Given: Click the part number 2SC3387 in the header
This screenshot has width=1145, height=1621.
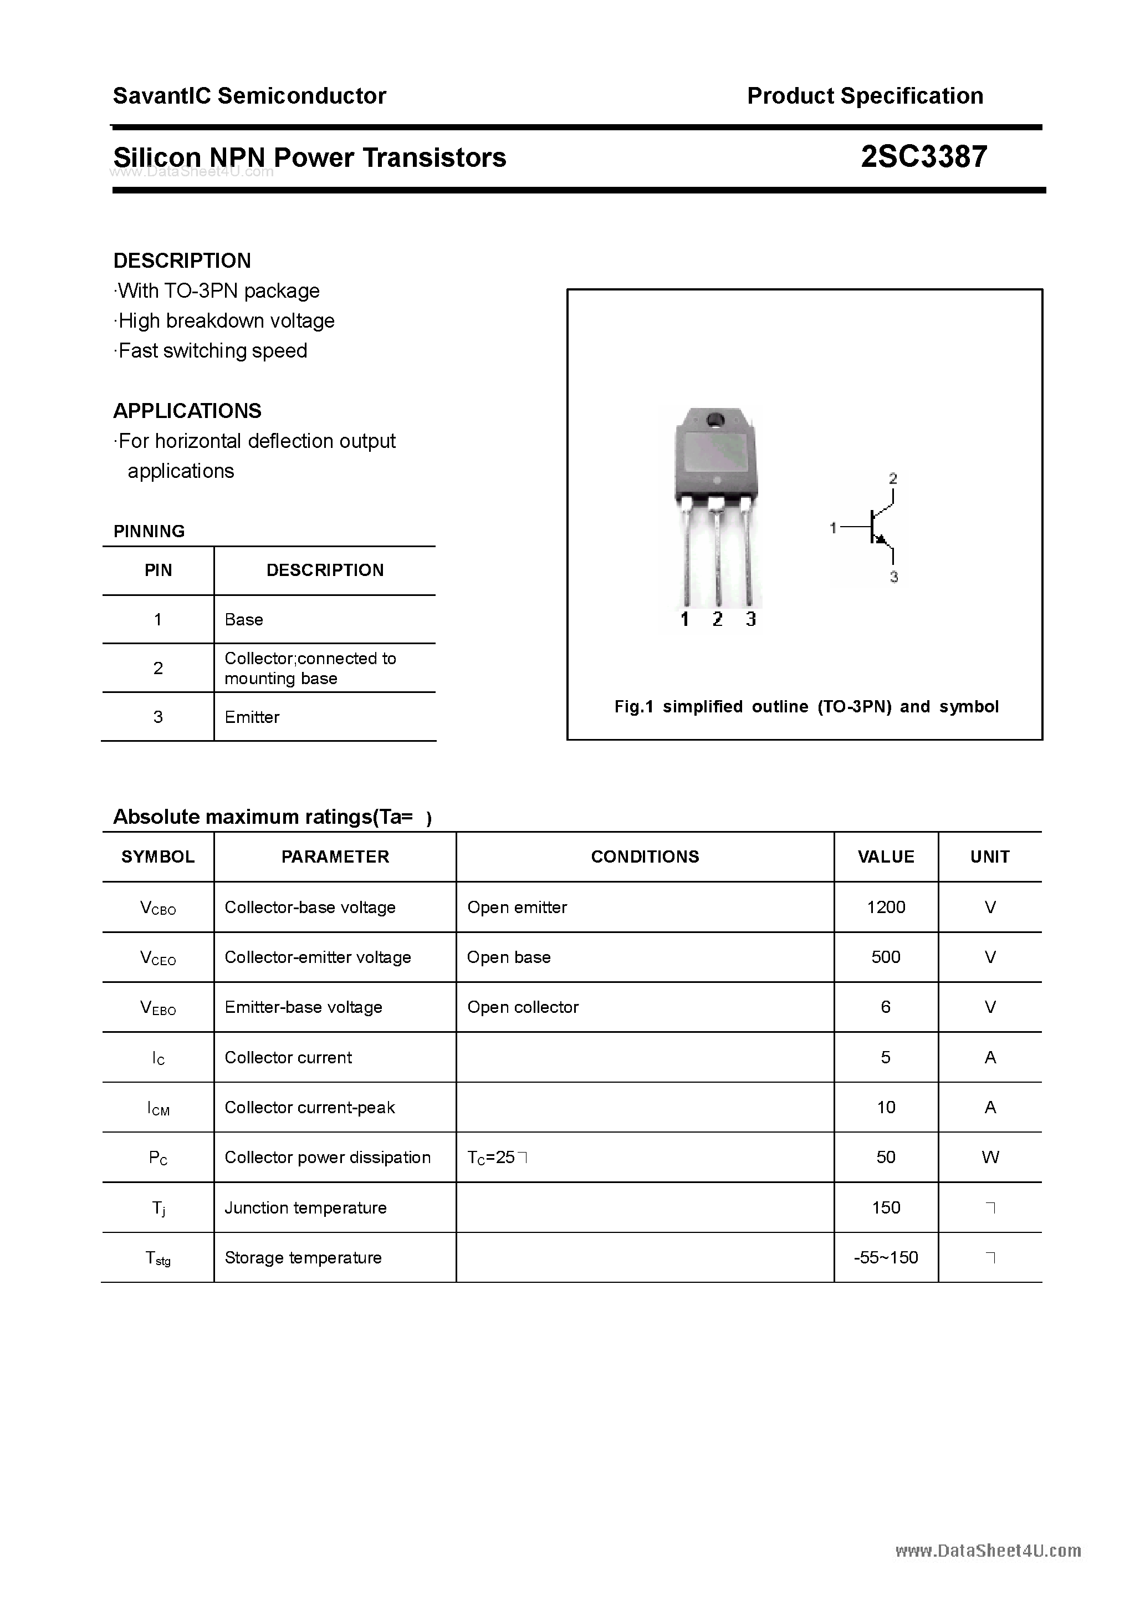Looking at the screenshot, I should coord(923,157).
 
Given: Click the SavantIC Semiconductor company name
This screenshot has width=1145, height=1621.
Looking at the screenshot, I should coord(249,95).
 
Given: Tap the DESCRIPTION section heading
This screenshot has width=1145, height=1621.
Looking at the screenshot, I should coord(182,261).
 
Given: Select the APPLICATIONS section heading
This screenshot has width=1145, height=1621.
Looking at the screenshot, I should coord(187,410).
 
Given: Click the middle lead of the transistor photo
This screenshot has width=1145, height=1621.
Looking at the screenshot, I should coord(717,558).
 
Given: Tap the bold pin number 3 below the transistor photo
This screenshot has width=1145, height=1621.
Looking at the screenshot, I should coord(750,619).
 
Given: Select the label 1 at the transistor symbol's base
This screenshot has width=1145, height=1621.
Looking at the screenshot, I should coord(833,527).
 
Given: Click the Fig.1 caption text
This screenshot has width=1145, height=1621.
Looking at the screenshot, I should coord(806,706).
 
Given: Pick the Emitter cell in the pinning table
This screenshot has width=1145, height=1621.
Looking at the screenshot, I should coord(252,717).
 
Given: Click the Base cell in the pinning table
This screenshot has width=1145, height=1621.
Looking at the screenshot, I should coord(243,619).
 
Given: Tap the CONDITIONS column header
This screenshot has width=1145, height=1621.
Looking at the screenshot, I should coord(645,857).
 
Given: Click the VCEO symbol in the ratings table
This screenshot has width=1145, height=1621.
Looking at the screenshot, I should coord(158,958).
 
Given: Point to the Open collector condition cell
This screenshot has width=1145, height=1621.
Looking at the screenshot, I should coord(523,1007).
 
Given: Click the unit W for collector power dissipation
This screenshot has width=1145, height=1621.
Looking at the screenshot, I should coord(990,1156).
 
